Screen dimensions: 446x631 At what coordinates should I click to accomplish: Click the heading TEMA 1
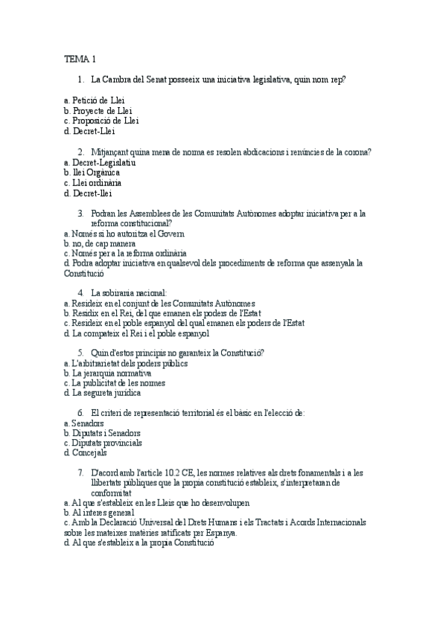point(80,59)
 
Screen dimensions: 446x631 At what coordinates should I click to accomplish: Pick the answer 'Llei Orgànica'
point(95,172)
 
